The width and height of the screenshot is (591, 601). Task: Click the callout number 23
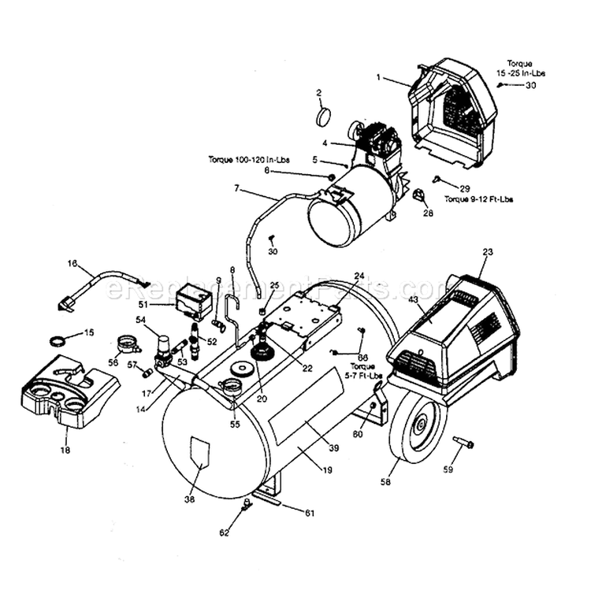click(487, 252)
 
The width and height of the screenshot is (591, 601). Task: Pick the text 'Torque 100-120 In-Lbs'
click(248, 160)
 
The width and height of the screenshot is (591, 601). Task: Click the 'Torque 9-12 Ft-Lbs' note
click(478, 199)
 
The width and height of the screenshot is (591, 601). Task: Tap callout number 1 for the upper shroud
click(378, 77)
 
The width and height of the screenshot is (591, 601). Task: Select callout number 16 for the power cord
click(72, 265)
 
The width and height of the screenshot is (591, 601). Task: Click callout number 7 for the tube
click(236, 188)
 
